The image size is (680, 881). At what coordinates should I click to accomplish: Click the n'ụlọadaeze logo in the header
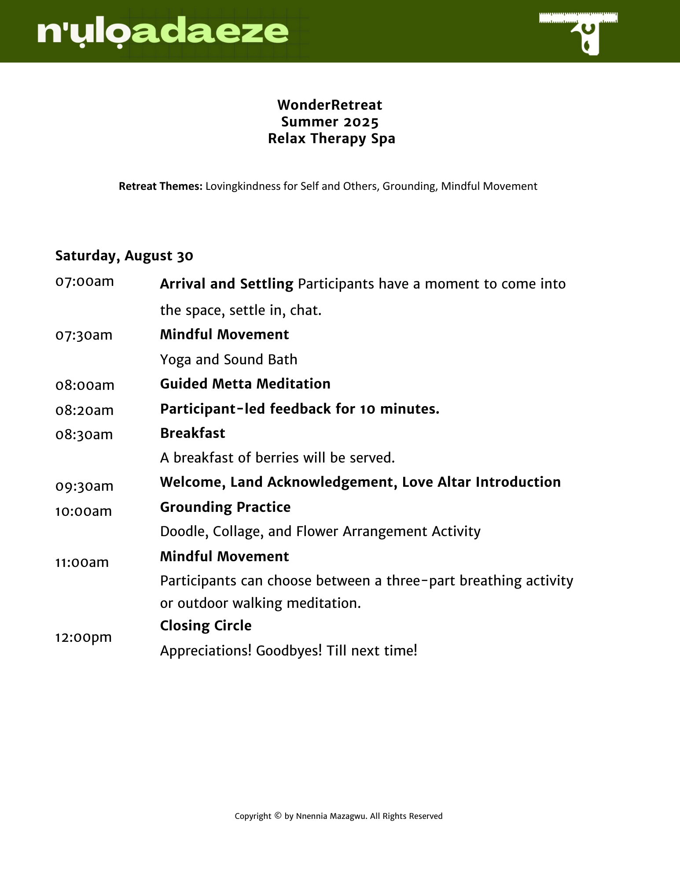tap(163, 33)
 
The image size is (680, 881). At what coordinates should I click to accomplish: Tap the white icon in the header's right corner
tap(578, 33)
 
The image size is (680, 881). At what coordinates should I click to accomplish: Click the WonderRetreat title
tap(330, 105)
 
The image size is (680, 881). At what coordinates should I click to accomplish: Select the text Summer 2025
tap(330, 122)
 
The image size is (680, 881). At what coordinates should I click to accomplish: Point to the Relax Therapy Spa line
tap(331, 138)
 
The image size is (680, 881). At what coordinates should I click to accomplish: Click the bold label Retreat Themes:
tap(161, 186)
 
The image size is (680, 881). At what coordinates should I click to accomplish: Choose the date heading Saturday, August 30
tap(124, 255)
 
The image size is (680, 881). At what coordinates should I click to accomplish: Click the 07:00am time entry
tap(85, 281)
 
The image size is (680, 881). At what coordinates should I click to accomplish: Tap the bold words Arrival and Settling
tap(226, 284)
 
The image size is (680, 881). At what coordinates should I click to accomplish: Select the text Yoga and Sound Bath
tap(228, 359)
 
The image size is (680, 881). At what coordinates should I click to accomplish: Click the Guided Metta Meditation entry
tap(245, 384)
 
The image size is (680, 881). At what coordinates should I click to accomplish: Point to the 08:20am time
tap(85, 410)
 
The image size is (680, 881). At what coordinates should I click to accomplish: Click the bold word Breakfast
tap(192, 433)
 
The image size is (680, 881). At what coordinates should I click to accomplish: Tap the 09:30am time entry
tap(85, 486)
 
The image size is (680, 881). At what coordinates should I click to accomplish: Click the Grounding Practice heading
tap(225, 507)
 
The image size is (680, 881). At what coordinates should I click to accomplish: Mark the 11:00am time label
tap(82, 562)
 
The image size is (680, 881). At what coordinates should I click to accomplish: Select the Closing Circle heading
tap(206, 626)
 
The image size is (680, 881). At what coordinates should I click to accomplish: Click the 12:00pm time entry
tap(84, 637)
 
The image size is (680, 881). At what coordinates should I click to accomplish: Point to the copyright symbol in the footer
tap(278, 815)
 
